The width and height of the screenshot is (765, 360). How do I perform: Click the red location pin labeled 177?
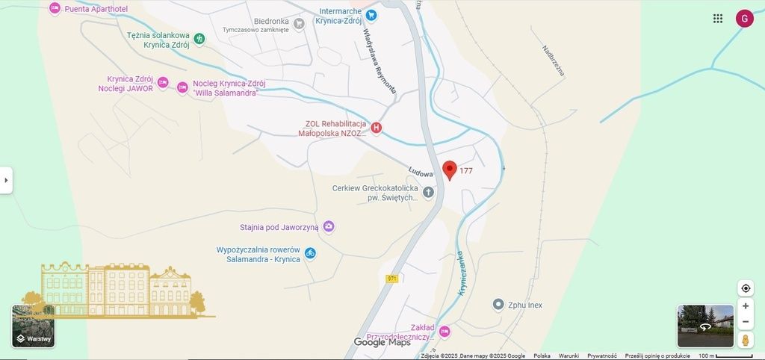point(450,170)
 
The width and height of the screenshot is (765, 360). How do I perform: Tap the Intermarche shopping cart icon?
point(371,15)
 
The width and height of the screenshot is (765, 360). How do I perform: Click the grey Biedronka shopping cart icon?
point(299,24)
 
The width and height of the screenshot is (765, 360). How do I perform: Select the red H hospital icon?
point(377,128)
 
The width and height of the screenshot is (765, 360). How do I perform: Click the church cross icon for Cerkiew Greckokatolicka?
point(428,193)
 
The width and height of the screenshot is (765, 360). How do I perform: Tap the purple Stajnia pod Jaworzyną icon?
point(329,226)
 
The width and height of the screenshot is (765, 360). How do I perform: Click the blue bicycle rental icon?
point(310,253)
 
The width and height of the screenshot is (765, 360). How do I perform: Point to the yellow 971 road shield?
point(392,279)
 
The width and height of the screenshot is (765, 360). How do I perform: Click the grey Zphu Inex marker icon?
point(499,304)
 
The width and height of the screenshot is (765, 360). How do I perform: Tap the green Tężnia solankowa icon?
point(199,39)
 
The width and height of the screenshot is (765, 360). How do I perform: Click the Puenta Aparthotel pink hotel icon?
point(54,8)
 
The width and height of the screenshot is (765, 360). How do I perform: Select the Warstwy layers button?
point(33,326)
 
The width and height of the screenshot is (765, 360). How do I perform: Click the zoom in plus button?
point(745,306)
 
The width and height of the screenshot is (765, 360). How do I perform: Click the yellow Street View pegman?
point(745,340)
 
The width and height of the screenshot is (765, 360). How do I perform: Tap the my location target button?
point(745,288)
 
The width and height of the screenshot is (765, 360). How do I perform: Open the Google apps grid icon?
point(718,19)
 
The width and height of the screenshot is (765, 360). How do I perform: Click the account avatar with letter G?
point(744,19)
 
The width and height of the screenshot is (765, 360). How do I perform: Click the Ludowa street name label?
point(420,171)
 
